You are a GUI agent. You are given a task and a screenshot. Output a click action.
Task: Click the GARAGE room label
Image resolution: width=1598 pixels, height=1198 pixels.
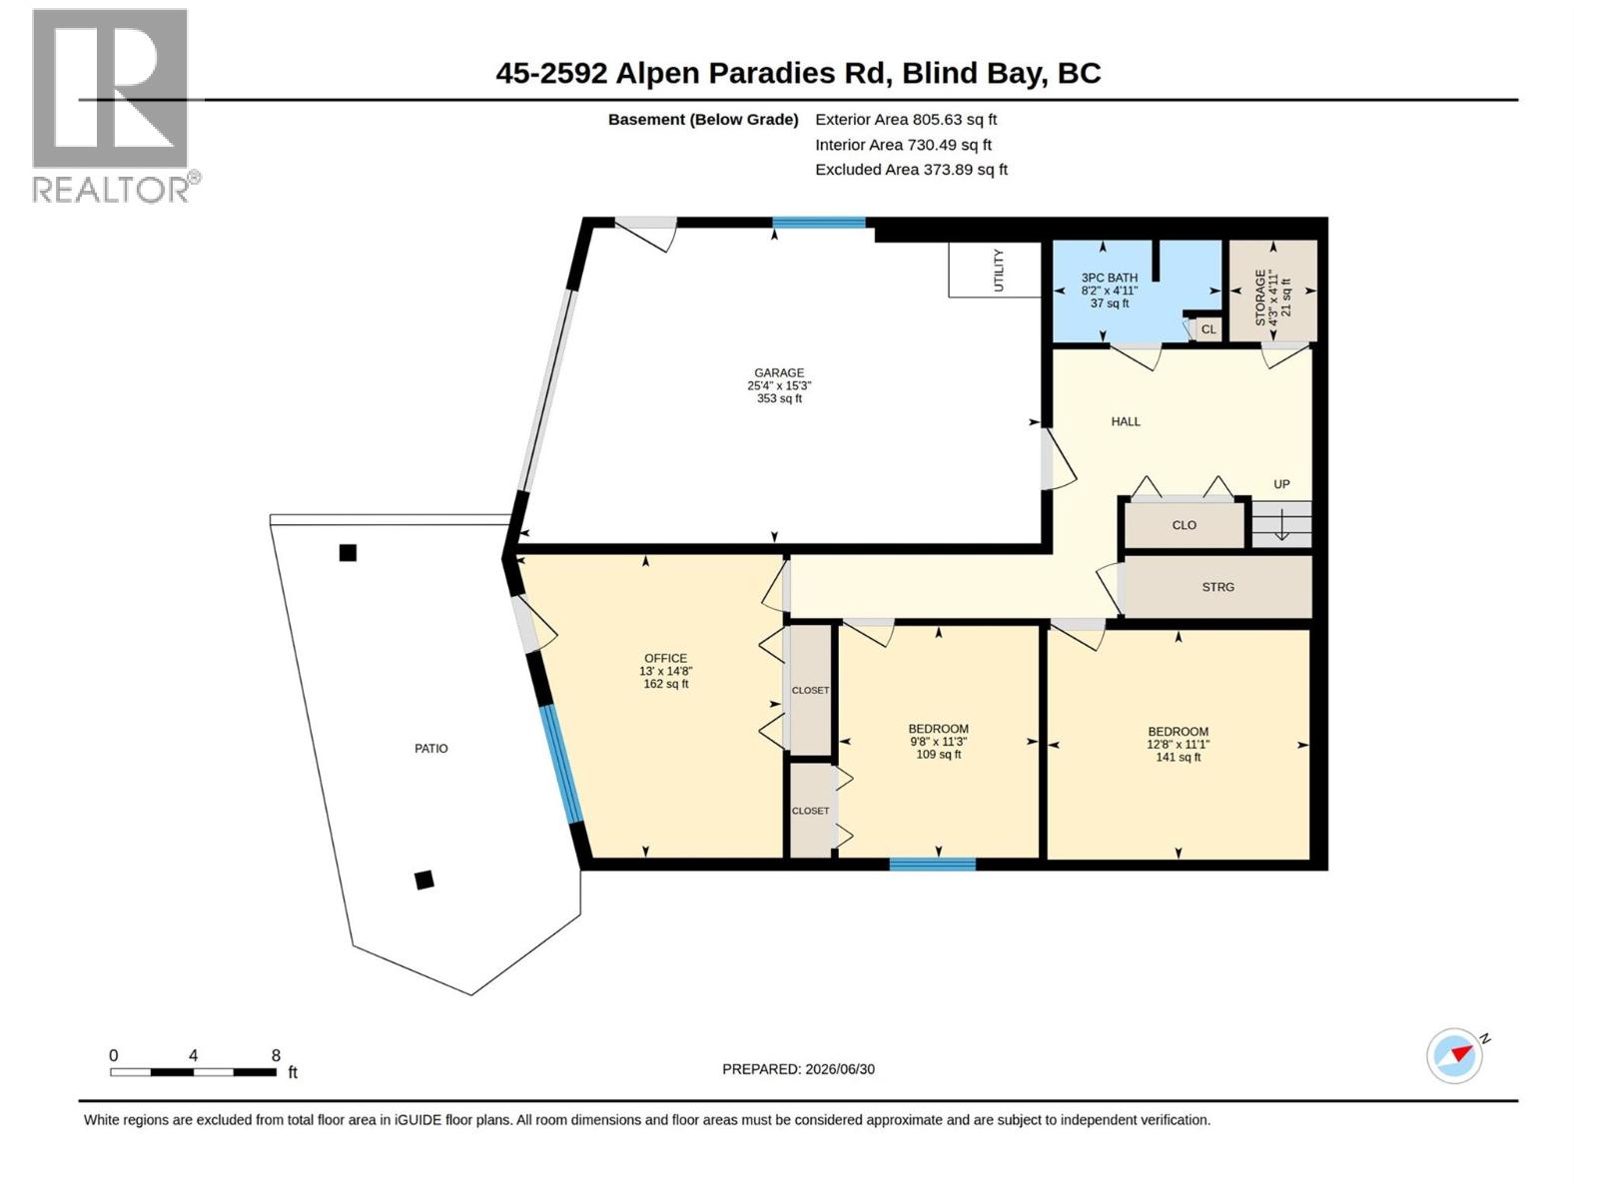tap(778, 372)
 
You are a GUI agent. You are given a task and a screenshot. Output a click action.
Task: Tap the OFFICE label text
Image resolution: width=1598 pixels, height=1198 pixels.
tap(665, 658)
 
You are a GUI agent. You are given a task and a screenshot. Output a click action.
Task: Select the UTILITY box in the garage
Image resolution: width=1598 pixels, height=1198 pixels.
tap(994, 270)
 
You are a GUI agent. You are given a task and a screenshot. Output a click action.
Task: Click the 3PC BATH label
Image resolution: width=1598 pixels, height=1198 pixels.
tap(1109, 278)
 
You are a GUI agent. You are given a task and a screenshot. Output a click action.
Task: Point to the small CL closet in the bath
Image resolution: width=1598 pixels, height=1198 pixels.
tap(1207, 329)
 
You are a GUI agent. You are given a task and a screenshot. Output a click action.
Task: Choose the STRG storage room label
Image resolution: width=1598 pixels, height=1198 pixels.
tap(1217, 587)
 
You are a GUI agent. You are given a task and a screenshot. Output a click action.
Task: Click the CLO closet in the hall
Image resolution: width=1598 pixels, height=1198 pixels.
tap(1184, 524)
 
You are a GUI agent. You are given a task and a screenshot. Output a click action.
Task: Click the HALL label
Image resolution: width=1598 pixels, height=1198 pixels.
tap(1125, 421)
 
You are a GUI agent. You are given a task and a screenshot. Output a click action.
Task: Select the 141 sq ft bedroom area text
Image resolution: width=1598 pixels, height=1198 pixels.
tap(1178, 757)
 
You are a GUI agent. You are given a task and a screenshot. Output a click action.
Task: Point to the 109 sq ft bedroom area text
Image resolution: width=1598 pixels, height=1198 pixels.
tap(938, 755)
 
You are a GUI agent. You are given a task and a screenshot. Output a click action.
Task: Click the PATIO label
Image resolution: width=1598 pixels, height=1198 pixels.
tap(431, 749)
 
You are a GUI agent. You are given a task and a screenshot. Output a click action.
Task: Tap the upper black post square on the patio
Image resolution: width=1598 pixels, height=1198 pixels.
tap(348, 553)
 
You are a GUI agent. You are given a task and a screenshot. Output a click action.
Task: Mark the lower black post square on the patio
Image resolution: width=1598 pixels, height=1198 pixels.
tap(424, 881)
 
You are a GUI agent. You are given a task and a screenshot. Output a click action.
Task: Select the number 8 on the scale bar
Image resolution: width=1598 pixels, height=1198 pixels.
tap(276, 1054)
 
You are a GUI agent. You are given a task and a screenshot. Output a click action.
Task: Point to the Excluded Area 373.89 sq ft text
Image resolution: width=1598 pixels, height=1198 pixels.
tap(911, 170)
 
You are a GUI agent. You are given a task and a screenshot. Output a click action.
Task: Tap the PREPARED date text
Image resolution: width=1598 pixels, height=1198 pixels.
tap(798, 1069)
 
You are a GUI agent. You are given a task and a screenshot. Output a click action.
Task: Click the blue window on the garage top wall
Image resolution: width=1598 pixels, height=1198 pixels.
tap(818, 223)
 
